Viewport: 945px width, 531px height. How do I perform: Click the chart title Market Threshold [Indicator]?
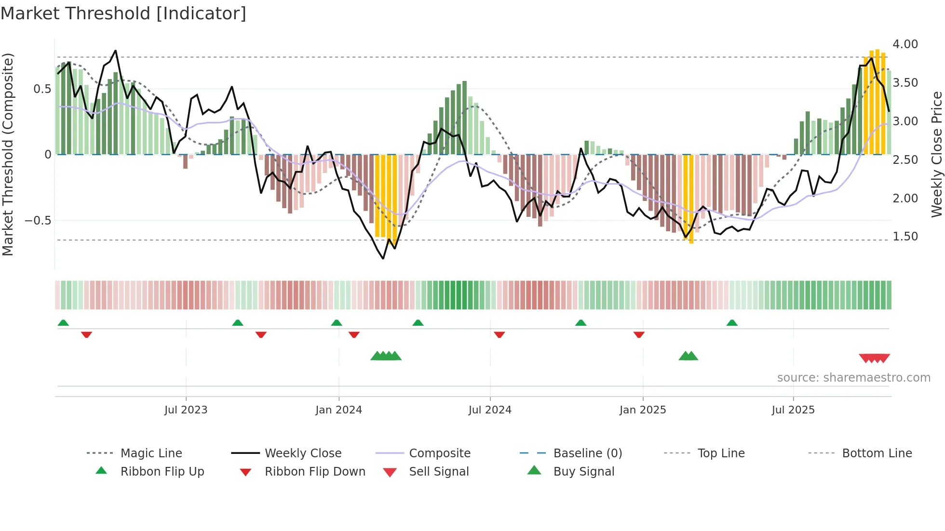pos(123,13)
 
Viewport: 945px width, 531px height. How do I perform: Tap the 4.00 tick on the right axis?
pos(905,44)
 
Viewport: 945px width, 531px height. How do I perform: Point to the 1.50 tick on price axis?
pos(905,237)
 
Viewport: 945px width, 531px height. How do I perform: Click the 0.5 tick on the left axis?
pos(42,89)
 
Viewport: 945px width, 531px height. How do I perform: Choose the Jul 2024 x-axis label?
pos(489,410)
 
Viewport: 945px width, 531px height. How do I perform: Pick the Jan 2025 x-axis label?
pos(642,410)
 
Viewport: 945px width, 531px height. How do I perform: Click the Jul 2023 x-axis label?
pos(186,410)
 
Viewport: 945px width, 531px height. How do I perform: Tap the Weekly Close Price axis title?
pos(936,154)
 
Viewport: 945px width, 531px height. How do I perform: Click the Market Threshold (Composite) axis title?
pos(8,154)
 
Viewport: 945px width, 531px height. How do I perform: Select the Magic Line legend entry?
pos(151,453)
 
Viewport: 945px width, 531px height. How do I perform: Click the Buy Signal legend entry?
pos(583,472)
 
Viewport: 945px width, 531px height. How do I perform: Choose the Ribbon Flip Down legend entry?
pos(314,472)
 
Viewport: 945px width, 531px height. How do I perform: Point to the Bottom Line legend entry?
pos(877,453)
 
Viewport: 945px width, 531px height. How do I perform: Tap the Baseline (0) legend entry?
pos(587,453)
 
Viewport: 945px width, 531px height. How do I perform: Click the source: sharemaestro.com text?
pos(853,378)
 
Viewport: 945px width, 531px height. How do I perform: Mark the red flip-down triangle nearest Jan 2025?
pos(639,334)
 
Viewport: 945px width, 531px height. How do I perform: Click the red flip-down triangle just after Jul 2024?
pos(499,334)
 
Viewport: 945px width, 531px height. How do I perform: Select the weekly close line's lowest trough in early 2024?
pos(383,259)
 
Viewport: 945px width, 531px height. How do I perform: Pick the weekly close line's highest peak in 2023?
pos(115,51)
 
